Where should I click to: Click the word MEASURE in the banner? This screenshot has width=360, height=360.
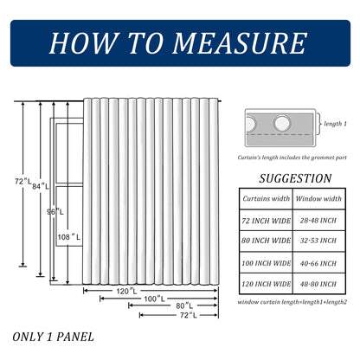tap(239, 43)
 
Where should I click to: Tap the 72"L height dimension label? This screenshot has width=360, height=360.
tap(22, 182)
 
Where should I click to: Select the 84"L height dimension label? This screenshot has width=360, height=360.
tap(41, 187)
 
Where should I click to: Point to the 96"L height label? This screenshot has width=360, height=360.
tap(55, 212)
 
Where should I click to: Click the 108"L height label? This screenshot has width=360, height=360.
tap(69, 237)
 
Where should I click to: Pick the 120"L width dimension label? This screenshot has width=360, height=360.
tap(126, 292)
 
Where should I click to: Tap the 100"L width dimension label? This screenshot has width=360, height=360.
tap(154, 299)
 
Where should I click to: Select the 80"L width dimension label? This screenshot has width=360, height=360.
tap(184, 305)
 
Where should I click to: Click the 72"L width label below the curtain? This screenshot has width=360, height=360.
tap(189, 315)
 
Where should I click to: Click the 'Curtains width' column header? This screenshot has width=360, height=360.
tap(266, 198)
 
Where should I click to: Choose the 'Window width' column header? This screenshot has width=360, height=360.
tap(318, 198)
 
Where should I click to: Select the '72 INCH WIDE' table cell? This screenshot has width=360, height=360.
tap(266, 221)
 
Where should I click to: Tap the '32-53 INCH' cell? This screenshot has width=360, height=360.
tap(318, 241)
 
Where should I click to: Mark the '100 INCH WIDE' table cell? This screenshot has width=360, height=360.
tap(266, 263)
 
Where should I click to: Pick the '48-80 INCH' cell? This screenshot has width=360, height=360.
tap(318, 284)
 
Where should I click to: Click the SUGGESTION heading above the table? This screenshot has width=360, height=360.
tap(295, 178)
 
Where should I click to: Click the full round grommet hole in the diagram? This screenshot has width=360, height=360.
tap(282, 123)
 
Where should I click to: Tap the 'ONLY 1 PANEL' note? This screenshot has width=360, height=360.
tap(53, 337)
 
